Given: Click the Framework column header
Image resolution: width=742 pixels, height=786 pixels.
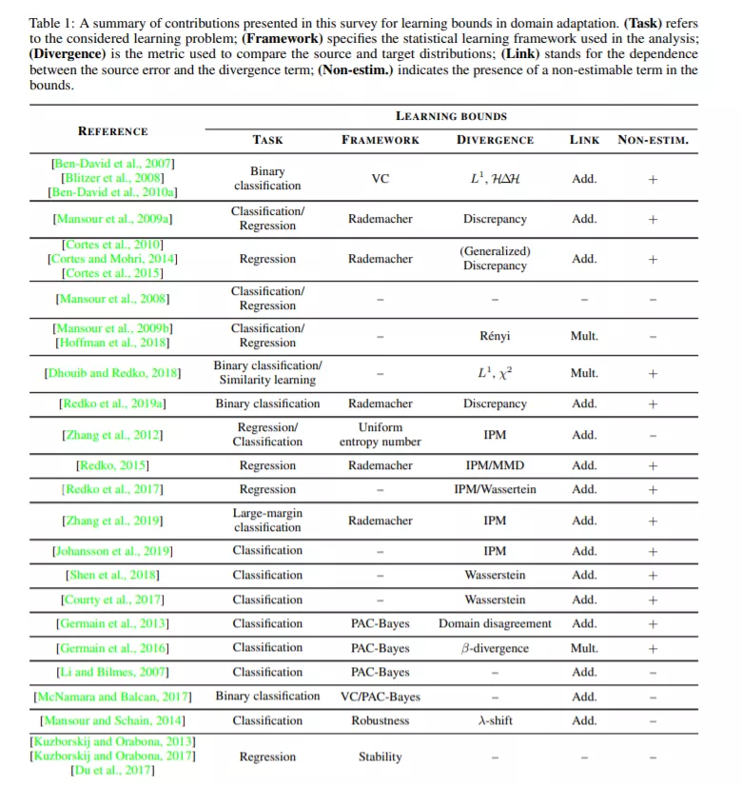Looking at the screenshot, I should click(x=380, y=141).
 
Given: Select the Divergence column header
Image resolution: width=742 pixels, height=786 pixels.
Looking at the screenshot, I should click(x=495, y=141).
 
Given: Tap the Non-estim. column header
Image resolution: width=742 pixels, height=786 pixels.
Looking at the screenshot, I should click(x=653, y=141).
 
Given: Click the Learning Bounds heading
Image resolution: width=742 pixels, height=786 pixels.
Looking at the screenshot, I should click(x=451, y=116).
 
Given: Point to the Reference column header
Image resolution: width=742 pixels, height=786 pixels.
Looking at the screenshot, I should click(x=112, y=131).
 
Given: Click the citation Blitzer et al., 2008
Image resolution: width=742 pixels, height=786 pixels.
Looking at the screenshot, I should click(x=112, y=178).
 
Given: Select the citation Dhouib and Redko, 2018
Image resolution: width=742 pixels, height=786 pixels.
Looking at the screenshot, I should click(x=112, y=373).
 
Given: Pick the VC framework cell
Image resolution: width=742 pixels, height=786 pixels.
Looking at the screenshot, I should click(x=380, y=178).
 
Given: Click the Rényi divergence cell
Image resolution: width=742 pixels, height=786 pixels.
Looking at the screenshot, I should click(x=495, y=336).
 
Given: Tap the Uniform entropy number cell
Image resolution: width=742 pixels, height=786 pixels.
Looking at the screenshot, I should click(x=380, y=435).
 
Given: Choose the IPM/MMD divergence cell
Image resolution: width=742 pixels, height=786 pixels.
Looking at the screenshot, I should click(x=495, y=465).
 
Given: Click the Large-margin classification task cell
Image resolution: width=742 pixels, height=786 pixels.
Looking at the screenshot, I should click(x=267, y=521).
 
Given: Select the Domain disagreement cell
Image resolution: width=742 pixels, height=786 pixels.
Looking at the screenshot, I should click(x=495, y=623).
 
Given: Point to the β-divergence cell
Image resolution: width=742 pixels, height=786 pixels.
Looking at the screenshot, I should click(x=495, y=648).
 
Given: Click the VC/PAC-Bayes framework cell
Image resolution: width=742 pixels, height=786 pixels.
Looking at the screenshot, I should click(x=380, y=696).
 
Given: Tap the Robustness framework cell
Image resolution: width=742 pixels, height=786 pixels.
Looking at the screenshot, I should click(x=380, y=720).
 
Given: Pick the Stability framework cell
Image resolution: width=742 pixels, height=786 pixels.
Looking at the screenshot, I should click(x=380, y=757).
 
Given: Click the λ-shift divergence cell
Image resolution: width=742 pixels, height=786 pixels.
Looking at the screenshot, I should click(x=495, y=720).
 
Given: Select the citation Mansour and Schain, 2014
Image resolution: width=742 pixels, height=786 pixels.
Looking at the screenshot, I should click(x=112, y=720).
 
